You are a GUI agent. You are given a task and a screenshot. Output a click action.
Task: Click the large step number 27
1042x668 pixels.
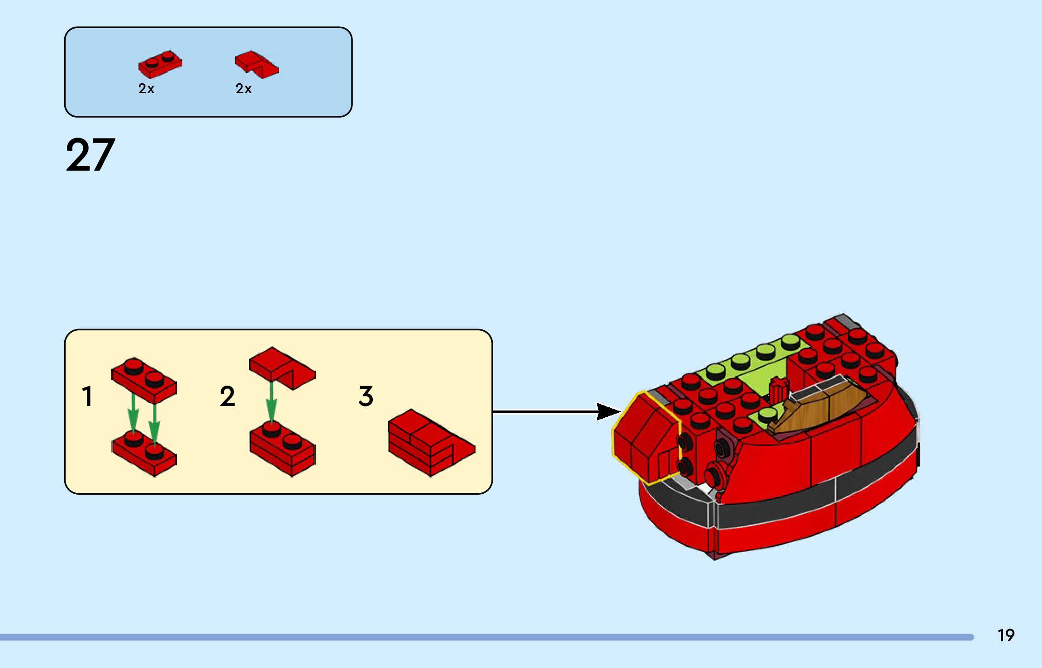pos(90,155)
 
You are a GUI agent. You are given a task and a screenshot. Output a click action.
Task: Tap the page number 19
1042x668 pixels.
pos(1006,635)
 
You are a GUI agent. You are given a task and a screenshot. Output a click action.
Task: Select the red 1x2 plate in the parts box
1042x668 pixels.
pos(160,64)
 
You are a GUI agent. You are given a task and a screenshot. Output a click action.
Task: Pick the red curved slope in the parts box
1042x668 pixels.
pos(257,64)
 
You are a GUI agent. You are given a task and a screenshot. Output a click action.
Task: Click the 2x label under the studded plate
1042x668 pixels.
pos(146,89)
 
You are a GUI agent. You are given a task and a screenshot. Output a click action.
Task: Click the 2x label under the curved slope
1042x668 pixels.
pos(243,89)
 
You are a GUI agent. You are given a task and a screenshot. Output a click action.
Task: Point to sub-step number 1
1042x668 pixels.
pos(87,396)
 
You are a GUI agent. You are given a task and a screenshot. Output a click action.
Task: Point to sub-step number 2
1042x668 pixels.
pos(227,396)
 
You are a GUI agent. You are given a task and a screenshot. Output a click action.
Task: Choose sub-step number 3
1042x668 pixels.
pos(366,396)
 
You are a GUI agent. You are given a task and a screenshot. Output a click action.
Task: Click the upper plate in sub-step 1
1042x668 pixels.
pos(144,380)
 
